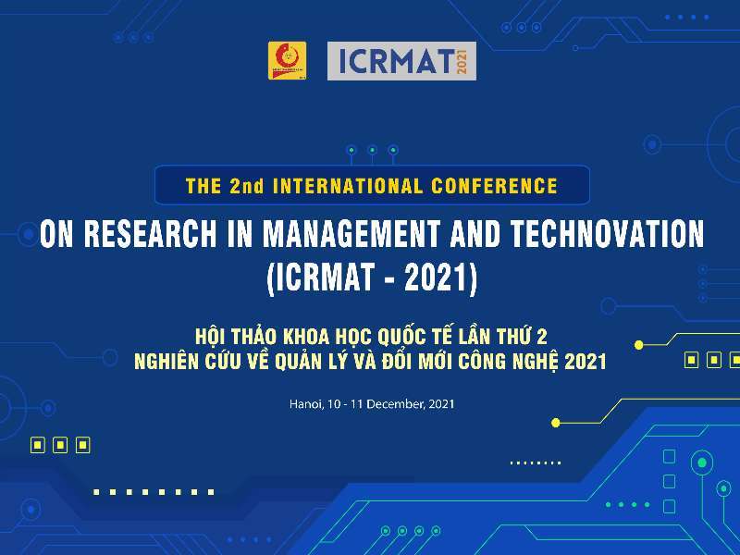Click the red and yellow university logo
pos(288,60)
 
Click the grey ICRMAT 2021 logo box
pos(401,61)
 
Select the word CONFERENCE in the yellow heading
pos(495,186)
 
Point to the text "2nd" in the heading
pos(247,186)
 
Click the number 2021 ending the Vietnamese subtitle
pos(586,361)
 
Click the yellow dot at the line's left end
pos(555,423)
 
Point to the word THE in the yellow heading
pos(203,186)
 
